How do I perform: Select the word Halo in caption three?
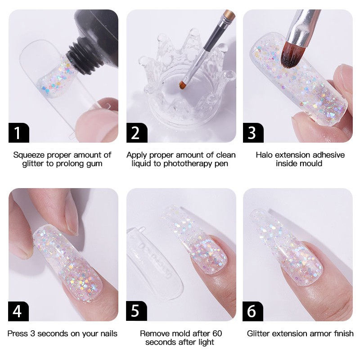[265, 155]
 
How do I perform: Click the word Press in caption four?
[17, 333]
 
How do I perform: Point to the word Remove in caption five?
[153, 333]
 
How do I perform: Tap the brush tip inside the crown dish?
[183, 84]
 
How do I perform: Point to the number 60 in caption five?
[216, 333]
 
